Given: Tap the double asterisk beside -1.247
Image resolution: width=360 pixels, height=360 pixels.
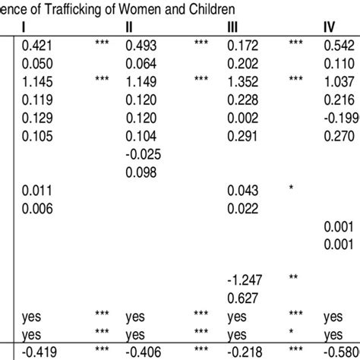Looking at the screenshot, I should [294, 279].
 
